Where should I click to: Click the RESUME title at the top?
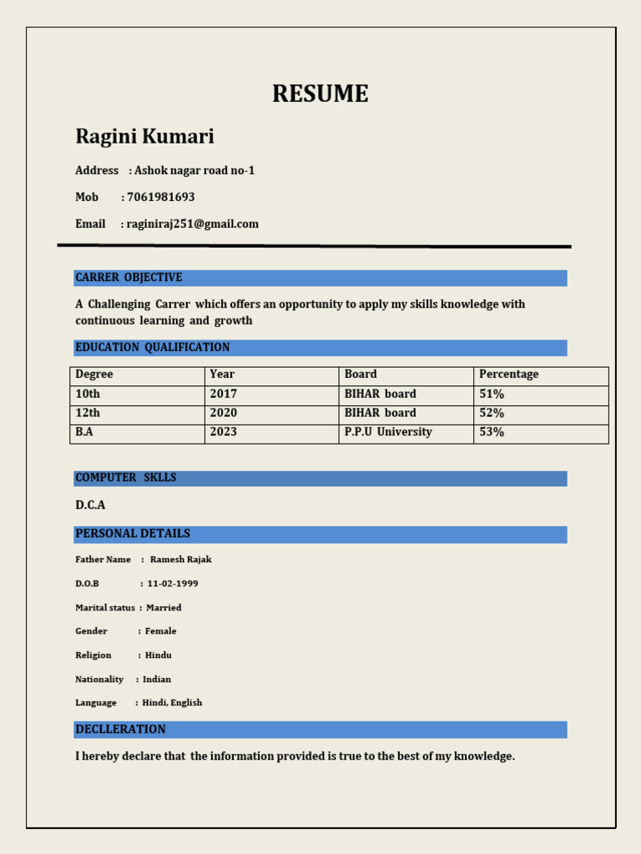320,94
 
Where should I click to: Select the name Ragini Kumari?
144,136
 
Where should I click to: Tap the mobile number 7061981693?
160,197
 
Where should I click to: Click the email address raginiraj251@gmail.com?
193,224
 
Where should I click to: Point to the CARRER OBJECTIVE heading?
129,277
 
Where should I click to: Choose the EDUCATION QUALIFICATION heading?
152,347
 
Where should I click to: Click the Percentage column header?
509,374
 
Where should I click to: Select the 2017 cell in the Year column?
224,394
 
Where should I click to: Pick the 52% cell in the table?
492,413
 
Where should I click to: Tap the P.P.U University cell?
388,432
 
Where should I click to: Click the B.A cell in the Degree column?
84,432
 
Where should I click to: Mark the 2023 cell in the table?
224,432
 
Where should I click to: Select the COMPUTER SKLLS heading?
125,478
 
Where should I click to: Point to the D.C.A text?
90,505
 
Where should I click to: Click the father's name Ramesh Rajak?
181,560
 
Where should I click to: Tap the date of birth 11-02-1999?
173,584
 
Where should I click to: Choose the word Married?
164,608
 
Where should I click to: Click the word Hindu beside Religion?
159,656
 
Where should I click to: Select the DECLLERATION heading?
120,729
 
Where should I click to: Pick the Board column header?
361,374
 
